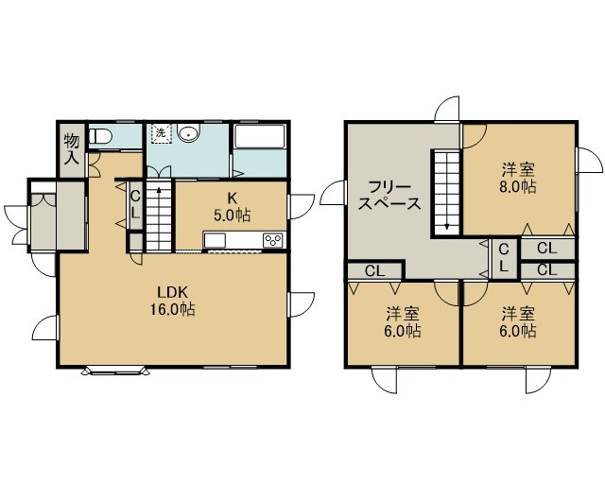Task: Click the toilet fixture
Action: click(100, 136)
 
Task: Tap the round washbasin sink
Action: click(188, 132)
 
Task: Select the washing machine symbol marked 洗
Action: click(162, 133)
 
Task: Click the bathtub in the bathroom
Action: click(259, 136)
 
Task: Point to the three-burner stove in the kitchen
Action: click(273, 240)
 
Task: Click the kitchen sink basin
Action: click(215, 241)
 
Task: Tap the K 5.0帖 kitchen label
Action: click(232, 207)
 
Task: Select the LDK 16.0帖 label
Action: click(172, 301)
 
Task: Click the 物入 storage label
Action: click(72, 148)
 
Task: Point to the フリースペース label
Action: click(389, 196)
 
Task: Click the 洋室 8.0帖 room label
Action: click(518, 178)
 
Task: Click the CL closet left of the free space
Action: click(374, 271)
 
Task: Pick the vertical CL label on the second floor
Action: click(504, 258)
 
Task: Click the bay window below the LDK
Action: click(115, 371)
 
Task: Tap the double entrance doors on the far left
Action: click(17, 226)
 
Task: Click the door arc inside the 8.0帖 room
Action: click(475, 136)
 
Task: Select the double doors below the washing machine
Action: click(159, 172)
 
